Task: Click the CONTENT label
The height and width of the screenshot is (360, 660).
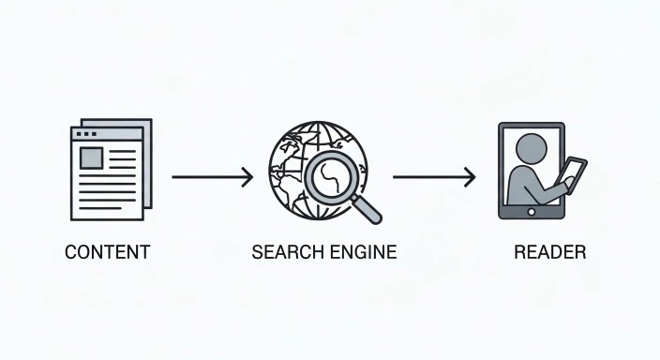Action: point(107,252)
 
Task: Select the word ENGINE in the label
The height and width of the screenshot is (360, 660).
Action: point(360,252)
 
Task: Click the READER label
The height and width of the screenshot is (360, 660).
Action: point(549,252)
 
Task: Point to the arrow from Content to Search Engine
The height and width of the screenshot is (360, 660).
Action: point(211,176)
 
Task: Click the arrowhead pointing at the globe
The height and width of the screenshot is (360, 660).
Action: point(247,176)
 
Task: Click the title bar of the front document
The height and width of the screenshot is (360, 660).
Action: point(107,134)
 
